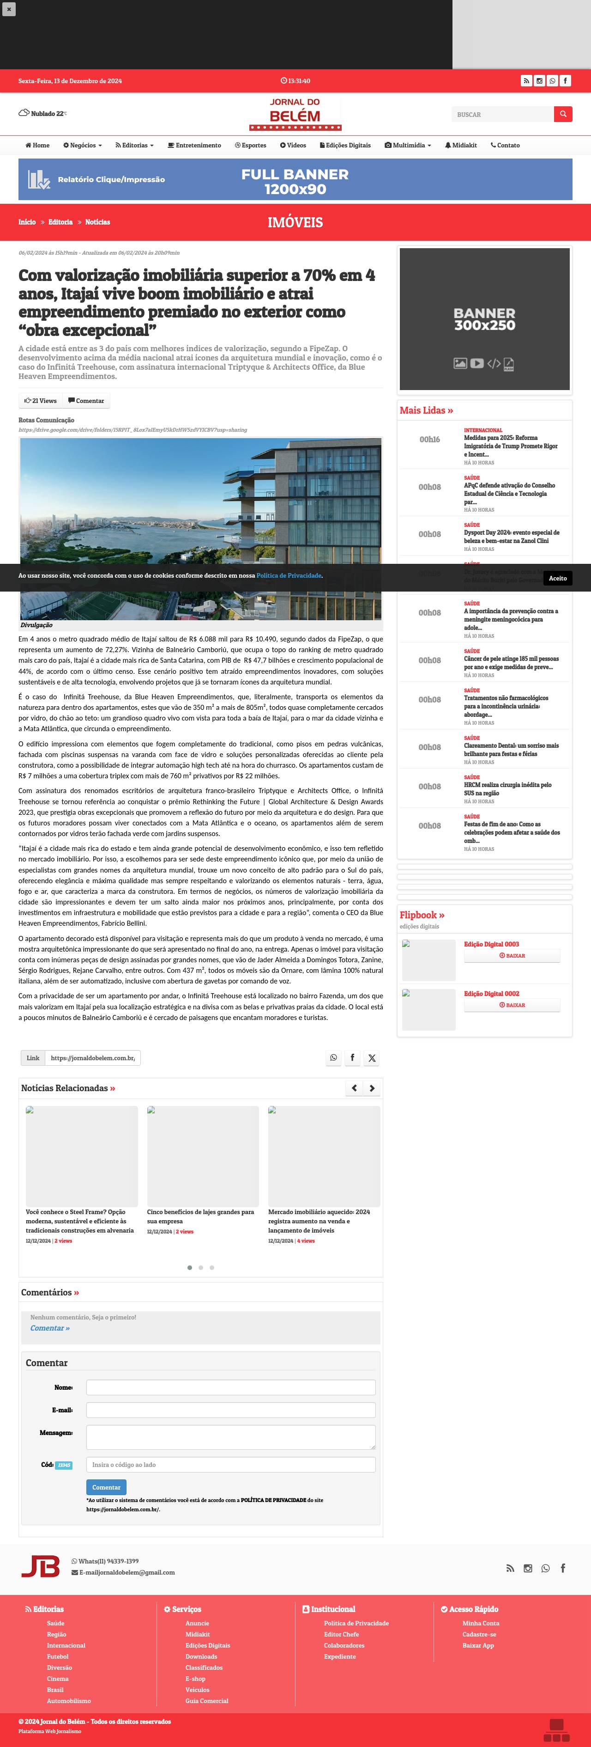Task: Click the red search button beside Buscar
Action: click(x=562, y=114)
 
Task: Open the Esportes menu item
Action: click(x=250, y=145)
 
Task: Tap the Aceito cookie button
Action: click(x=557, y=578)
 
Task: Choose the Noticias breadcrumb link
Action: click(x=97, y=222)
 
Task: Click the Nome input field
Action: click(x=230, y=1387)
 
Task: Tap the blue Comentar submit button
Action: click(x=106, y=1487)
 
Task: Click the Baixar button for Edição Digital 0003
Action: click(x=512, y=956)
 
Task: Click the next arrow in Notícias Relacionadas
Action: click(x=371, y=1088)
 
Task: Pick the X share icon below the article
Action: click(x=371, y=1058)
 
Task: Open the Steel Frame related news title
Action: click(x=80, y=1221)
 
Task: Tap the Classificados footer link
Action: click(x=204, y=1668)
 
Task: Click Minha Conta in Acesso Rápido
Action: click(x=481, y=1623)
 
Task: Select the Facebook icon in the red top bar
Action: click(x=565, y=81)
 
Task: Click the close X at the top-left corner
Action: click(x=9, y=9)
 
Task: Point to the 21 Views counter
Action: click(x=41, y=401)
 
